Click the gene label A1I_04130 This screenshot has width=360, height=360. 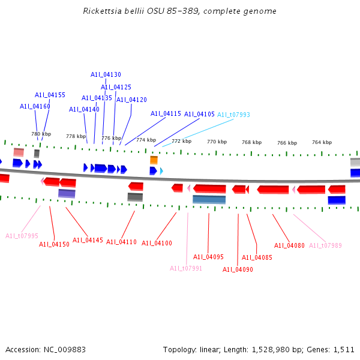(106, 75)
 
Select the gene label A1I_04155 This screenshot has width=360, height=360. (50, 95)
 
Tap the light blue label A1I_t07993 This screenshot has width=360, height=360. (233, 115)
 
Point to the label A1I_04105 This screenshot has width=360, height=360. (199, 114)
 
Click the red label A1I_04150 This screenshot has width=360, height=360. (54, 244)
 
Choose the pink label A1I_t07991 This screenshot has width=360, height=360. (186, 268)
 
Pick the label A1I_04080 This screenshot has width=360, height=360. (289, 245)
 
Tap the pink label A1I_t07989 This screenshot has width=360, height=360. (325, 245)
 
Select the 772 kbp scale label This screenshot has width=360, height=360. (181, 142)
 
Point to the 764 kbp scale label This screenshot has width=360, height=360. (322, 142)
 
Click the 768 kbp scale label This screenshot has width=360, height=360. (251, 142)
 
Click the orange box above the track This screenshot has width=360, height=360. (154, 160)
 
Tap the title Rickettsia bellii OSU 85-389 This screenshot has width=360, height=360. (179, 11)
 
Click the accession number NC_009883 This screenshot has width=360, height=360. (64, 349)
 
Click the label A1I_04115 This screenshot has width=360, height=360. (166, 113)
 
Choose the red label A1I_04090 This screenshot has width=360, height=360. (238, 269)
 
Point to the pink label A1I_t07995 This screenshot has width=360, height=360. (22, 236)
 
